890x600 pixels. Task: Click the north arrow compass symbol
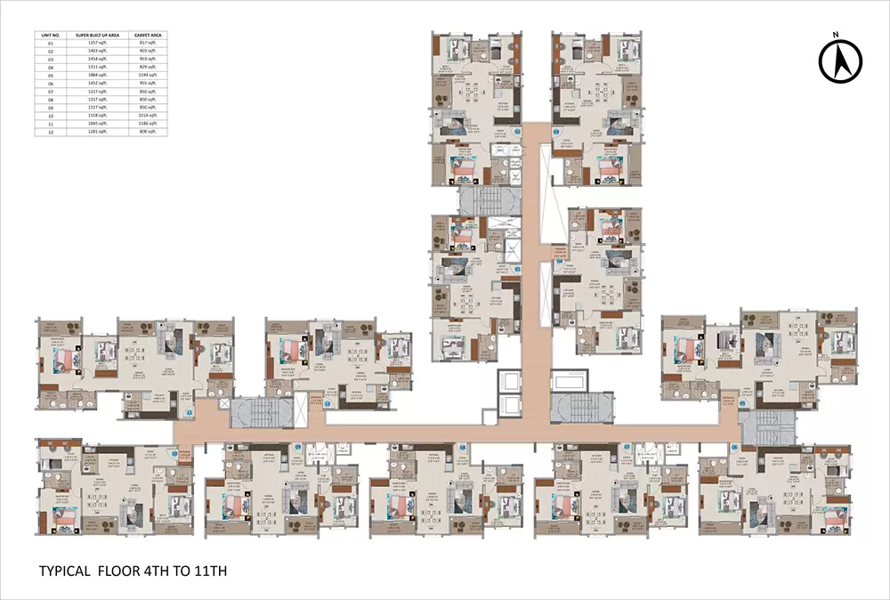[840, 61]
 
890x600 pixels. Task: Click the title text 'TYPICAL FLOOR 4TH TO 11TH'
[133, 570]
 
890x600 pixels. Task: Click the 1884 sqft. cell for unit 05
[97, 75]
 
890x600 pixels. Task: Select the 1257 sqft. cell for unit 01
[97, 42]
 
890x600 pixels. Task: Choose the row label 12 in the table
[50, 131]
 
